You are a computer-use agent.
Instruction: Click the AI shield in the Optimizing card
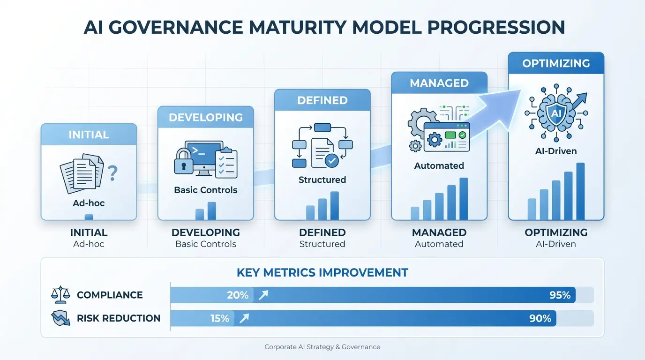point(555,112)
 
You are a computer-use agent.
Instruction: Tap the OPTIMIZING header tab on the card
point(556,63)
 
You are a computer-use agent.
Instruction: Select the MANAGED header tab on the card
point(439,83)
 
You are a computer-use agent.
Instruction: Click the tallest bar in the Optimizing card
point(580,191)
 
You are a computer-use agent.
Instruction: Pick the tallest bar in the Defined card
point(334,205)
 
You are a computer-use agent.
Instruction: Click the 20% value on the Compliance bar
point(238,295)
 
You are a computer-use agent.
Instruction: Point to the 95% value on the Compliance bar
point(560,295)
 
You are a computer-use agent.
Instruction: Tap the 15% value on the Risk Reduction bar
point(219,318)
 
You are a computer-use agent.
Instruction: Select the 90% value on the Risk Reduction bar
point(540,318)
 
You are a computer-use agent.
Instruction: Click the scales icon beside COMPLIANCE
point(60,295)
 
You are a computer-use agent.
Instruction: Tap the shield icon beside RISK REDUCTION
point(60,318)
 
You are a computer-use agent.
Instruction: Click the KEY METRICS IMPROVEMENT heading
point(322,272)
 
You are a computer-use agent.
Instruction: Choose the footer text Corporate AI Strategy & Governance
point(322,347)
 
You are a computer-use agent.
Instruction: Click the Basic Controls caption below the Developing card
point(205,244)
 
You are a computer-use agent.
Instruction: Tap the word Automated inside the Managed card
point(439,165)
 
